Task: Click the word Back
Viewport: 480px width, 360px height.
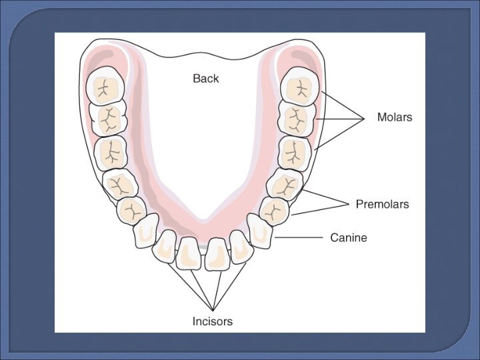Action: click(205, 78)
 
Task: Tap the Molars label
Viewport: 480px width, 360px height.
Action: click(395, 117)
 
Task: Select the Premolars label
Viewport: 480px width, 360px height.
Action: click(382, 204)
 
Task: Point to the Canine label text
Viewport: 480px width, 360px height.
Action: click(349, 237)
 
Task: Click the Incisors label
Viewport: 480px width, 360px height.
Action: click(213, 321)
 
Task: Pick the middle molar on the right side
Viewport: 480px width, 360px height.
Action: click(295, 119)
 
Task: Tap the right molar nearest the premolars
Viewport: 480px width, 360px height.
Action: click(293, 153)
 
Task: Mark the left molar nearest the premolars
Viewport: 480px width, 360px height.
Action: click(111, 151)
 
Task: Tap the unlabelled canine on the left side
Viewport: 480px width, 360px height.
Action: click(146, 231)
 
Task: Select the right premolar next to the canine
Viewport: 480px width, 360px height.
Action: click(274, 211)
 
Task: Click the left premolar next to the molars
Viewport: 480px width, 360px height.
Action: click(119, 184)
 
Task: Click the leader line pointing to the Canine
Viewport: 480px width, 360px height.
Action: click(299, 237)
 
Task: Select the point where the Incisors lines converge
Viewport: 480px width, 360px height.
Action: click(213, 309)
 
